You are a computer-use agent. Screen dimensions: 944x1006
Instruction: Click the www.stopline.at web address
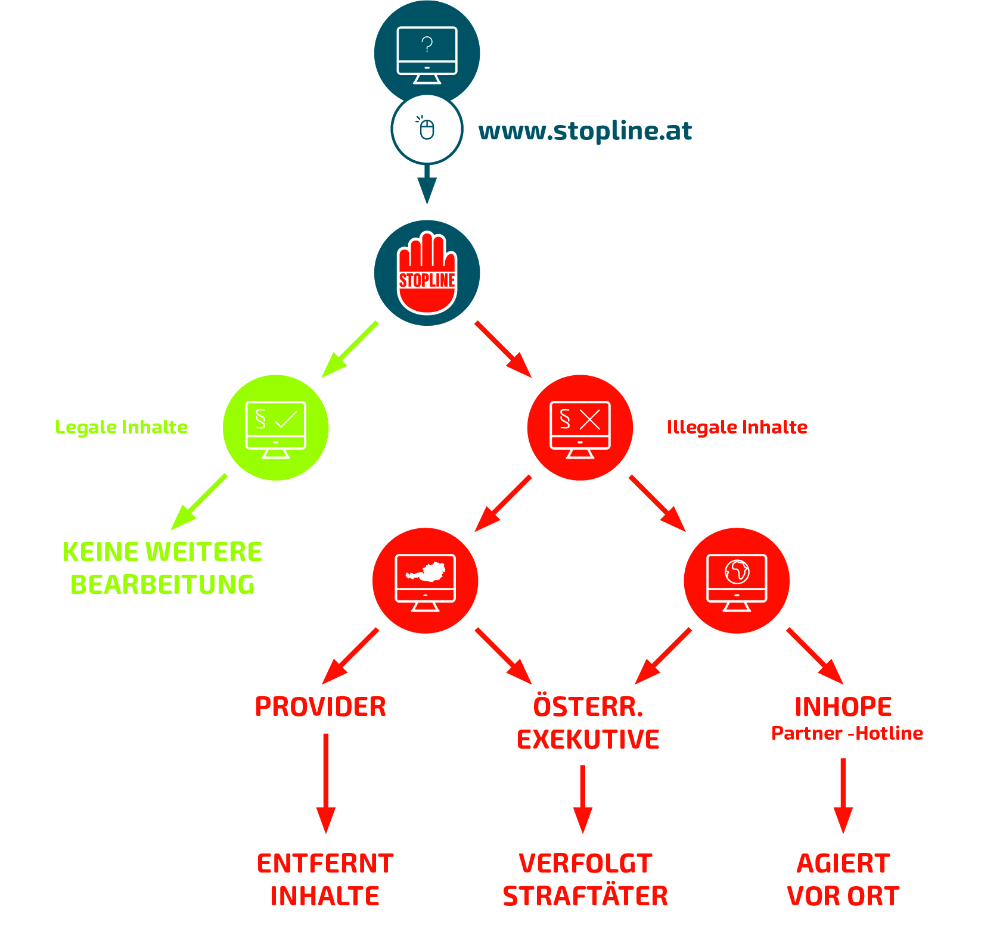(585, 131)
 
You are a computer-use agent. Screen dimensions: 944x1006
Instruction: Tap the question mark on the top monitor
(427, 44)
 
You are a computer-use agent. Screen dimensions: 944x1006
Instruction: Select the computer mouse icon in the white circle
(427, 129)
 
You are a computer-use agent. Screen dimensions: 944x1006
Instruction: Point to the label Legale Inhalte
(121, 427)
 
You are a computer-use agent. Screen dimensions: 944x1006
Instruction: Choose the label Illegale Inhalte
(737, 427)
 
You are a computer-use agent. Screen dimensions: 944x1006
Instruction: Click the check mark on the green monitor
(286, 419)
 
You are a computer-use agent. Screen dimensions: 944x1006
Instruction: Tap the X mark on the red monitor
(590, 419)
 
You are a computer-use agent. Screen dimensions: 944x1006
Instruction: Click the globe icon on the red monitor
(737, 572)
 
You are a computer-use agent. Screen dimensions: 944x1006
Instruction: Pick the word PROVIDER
(321, 707)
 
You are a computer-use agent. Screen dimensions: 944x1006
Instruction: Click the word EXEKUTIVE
(588, 740)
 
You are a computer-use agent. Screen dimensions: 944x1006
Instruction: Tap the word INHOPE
(843, 707)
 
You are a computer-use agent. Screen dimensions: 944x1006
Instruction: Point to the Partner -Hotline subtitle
(847, 733)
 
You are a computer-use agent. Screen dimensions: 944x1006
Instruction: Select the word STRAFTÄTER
(585, 896)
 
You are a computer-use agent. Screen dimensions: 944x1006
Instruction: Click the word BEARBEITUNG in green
(162, 585)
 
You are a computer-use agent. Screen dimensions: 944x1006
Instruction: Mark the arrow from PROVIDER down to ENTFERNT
(326, 783)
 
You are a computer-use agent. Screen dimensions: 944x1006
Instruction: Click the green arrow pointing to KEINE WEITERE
(198, 502)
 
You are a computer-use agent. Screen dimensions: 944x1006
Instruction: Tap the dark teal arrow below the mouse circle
(427, 185)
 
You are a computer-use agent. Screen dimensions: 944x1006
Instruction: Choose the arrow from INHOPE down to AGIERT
(843, 795)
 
